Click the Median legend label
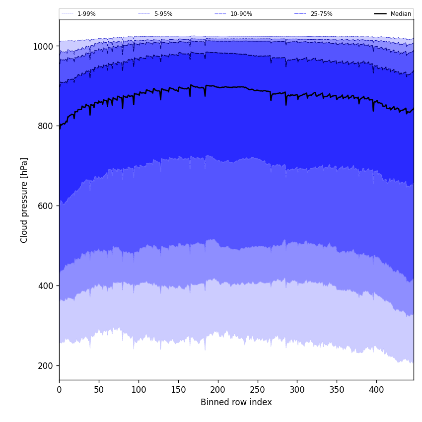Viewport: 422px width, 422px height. (x=401, y=14)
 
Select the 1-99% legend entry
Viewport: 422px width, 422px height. (x=86, y=14)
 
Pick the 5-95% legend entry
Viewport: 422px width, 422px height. (x=163, y=14)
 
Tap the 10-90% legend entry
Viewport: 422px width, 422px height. (x=241, y=14)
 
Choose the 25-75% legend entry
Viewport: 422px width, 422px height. (x=321, y=14)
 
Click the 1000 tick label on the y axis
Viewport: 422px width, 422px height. (x=43, y=46)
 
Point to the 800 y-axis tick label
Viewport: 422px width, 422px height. (x=46, y=126)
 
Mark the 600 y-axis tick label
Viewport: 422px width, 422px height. (x=46, y=206)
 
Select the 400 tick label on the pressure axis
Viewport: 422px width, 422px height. (x=46, y=286)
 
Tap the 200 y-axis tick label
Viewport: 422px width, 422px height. (x=46, y=366)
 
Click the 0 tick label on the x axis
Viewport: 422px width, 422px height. (x=59, y=390)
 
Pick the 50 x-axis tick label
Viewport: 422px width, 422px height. (x=99, y=390)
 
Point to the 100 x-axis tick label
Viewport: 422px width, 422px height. (x=139, y=390)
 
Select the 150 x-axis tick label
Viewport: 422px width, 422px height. (x=178, y=390)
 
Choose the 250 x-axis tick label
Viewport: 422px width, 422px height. (x=257, y=390)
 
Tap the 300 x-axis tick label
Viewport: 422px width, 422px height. (x=297, y=390)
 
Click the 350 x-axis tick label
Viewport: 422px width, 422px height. (x=337, y=390)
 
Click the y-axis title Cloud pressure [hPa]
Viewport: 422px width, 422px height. (x=24, y=200)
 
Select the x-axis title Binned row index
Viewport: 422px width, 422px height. (x=236, y=403)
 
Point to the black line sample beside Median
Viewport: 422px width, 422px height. (x=380, y=14)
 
